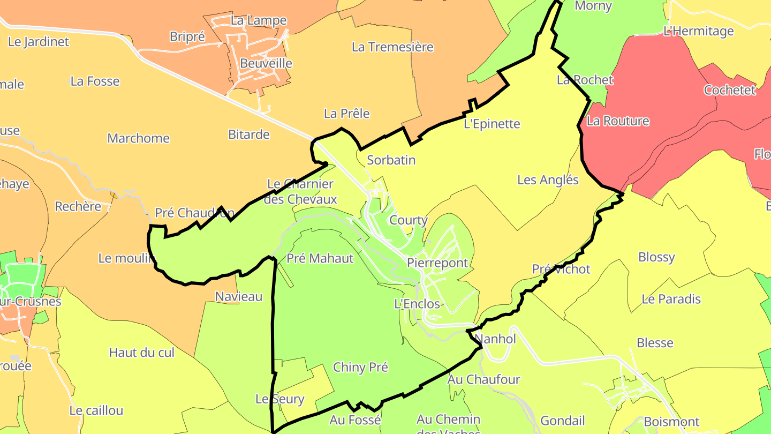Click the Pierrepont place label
tap(437, 263)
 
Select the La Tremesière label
tap(392, 47)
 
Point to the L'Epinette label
tap(492, 124)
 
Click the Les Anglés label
tap(548, 180)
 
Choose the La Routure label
tap(618, 121)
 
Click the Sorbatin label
tap(391, 160)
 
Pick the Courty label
tap(409, 220)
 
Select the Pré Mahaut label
tap(320, 259)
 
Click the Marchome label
tap(138, 138)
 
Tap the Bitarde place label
tap(249, 134)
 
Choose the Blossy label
tap(656, 257)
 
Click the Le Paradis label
tap(671, 299)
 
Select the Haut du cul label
tap(142, 353)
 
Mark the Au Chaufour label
tap(483, 380)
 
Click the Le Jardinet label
tap(39, 42)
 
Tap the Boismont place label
tap(671, 422)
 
